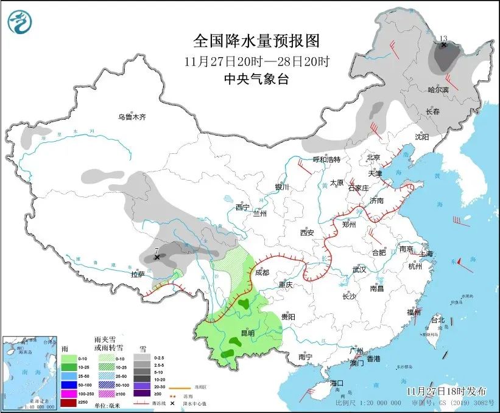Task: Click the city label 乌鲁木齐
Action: tap(132, 117)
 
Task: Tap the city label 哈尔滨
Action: tap(438, 89)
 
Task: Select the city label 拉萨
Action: tap(137, 274)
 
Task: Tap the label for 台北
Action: tap(437, 319)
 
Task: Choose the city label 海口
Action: tap(337, 383)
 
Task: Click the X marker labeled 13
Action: tap(444, 45)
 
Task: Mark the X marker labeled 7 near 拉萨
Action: tap(157, 257)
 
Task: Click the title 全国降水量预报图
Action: tap(256, 41)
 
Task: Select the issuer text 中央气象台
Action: tap(256, 78)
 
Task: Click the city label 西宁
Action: tap(242, 207)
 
